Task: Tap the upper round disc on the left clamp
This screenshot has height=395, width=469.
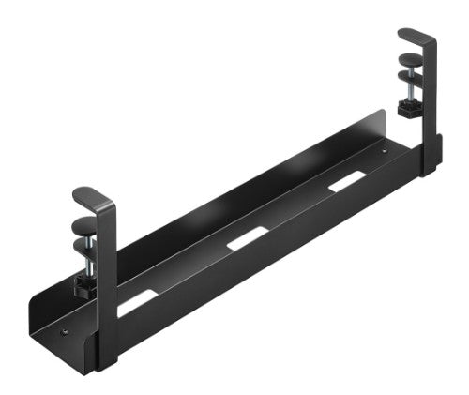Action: [85, 223]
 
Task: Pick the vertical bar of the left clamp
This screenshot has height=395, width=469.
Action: [106, 281]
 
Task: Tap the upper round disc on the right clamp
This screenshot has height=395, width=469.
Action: [410, 64]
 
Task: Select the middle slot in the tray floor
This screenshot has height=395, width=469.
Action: [248, 237]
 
